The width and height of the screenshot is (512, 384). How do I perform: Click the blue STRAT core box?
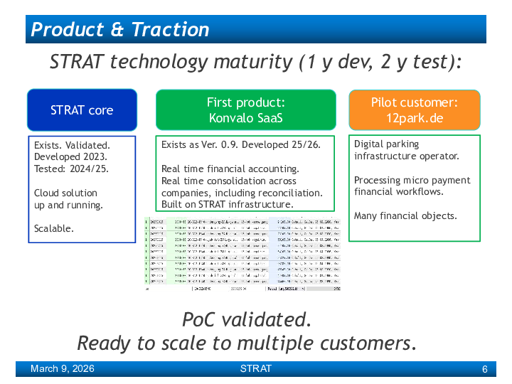click(x=82, y=110)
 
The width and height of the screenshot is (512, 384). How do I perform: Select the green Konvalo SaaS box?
click(x=246, y=110)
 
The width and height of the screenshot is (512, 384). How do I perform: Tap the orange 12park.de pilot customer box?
click(x=414, y=110)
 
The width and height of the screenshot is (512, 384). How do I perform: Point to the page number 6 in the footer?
click(x=484, y=369)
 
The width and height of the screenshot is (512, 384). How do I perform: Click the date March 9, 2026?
click(x=62, y=368)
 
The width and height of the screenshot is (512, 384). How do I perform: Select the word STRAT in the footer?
click(x=255, y=368)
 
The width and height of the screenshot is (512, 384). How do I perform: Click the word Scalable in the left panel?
click(x=53, y=228)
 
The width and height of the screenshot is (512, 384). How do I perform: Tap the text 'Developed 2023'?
click(x=70, y=156)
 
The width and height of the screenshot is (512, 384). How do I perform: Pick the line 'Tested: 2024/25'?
click(x=71, y=169)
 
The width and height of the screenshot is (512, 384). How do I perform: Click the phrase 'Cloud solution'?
click(x=65, y=193)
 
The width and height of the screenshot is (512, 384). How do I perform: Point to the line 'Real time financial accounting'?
click(x=230, y=169)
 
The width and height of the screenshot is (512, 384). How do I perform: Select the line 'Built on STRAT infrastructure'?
click(x=227, y=204)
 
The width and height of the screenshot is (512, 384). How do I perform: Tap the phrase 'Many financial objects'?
click(x=405, y=215)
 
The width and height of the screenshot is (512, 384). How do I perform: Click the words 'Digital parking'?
click(x=386, y=144)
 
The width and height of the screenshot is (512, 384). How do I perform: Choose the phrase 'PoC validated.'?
click(x=246, y=319)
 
